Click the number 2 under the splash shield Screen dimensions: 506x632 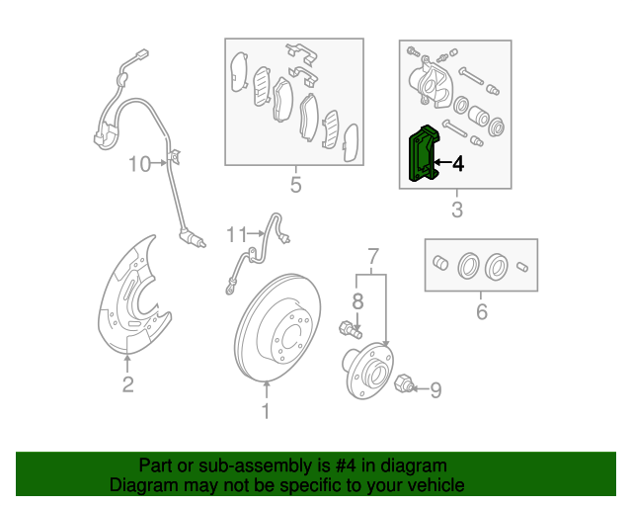coord(127,384)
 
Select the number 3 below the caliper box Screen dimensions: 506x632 coord(456,210)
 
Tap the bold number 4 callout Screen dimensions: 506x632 coord(457,164)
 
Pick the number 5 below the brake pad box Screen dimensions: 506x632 coord(294,184)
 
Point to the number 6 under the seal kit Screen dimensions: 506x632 coord(482,313)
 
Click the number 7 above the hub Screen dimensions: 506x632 coord(373,258)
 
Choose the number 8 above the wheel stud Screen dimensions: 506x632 coord(358,300)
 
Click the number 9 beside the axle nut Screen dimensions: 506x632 coord(435,390)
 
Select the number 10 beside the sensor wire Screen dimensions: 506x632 coord(138,163)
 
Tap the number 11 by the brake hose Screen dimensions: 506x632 coord(236,234)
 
